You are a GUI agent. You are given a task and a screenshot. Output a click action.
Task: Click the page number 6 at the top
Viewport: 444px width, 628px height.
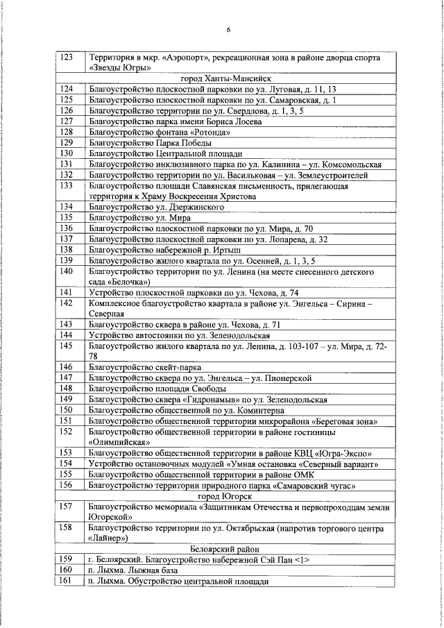coord(228,29)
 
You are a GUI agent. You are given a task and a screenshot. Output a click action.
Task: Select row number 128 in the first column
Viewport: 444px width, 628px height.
coord(67,132)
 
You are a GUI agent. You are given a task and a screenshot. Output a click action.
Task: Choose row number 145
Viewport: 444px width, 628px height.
coord(67,345)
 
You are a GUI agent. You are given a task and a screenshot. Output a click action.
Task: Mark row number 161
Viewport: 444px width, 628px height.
coord(67,581)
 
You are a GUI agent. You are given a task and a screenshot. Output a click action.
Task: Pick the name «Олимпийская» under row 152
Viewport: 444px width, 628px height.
coord(120,441)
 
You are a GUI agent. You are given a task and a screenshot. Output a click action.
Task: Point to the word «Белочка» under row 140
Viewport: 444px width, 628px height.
coord(128,282)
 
